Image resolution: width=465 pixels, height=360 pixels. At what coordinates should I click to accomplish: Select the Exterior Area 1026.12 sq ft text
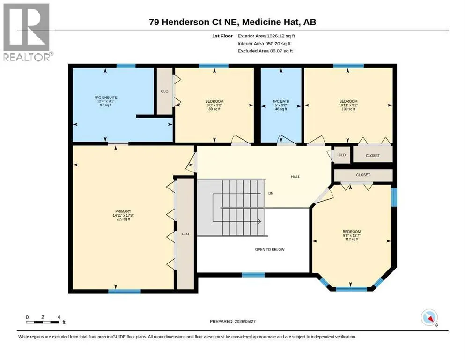[266, 36]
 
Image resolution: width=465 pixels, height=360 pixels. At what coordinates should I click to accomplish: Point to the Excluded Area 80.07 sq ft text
[265, 51]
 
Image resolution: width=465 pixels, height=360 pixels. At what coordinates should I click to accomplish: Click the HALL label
[295, 177]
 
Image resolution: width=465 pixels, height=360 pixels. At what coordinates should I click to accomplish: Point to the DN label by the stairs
[271, 193]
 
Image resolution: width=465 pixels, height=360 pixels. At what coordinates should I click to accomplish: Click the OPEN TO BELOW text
[270, 249]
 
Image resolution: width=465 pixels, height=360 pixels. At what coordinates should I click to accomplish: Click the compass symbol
[429, 317]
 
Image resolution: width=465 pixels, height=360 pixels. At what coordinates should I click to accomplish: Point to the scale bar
[43, 322]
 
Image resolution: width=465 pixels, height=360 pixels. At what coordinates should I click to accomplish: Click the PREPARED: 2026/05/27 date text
[232, 321]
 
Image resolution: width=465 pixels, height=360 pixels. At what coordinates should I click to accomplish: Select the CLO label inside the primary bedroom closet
[185, 234]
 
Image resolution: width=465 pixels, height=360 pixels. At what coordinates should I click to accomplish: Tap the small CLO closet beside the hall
[342, 155]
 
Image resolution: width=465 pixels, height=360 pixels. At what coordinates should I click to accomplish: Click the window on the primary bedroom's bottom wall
[124, 292]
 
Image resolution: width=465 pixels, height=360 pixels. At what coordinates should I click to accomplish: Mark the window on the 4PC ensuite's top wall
[126, 66]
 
